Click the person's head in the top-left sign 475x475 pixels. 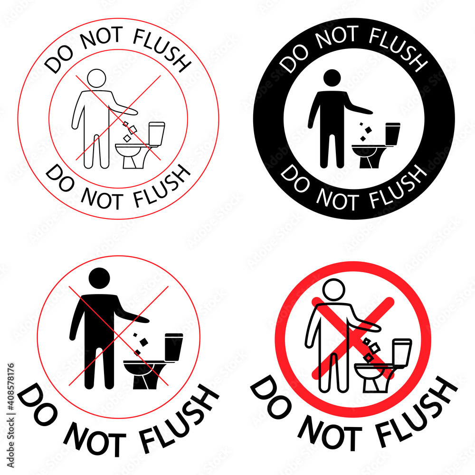click(x=97, y=78)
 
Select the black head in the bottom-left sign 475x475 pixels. click(x=100, y=278)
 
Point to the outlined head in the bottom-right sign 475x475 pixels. click(x=334, y=289)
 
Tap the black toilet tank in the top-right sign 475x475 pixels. click(x=392, y=133)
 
